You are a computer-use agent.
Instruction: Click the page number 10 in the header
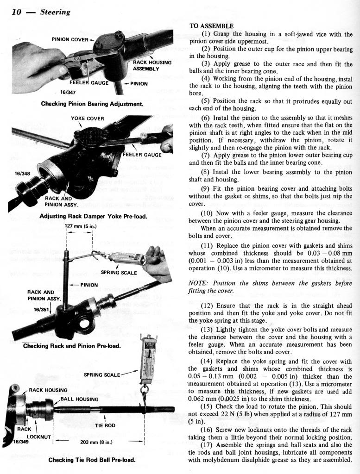(x=16, y=12)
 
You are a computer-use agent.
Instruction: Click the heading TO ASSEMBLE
(x=211, y=26)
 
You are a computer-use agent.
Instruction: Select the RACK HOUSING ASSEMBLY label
(x=152, y=65)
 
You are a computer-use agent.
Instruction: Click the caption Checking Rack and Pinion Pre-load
(x=72, y=346)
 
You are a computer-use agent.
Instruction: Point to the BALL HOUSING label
(x=78, y=399)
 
